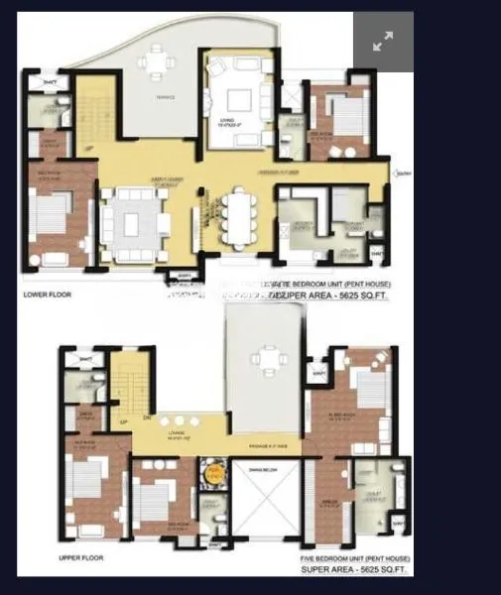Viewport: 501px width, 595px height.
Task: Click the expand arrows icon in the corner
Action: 383,42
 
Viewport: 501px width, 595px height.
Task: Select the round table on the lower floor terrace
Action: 155,63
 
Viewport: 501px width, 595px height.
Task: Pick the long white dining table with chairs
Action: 238,216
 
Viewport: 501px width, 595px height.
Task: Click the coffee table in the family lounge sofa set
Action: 130,223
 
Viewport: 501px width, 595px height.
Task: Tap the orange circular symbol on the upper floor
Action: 210,473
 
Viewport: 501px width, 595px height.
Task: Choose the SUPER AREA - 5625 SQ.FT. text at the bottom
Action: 355,569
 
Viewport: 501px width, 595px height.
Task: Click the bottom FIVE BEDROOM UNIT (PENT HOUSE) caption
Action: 354,557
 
